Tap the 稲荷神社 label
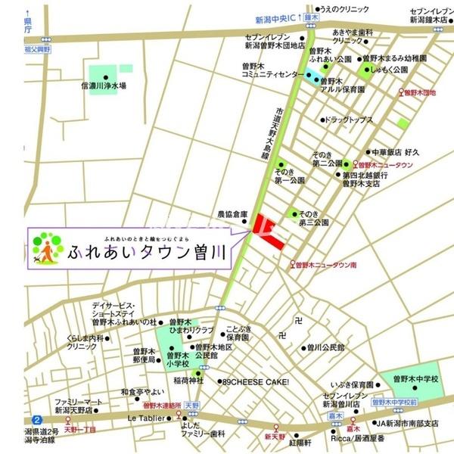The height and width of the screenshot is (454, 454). click(185, 381)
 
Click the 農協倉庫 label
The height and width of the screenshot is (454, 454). click(233, 214)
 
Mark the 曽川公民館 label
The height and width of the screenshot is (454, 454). click(325, 348)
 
